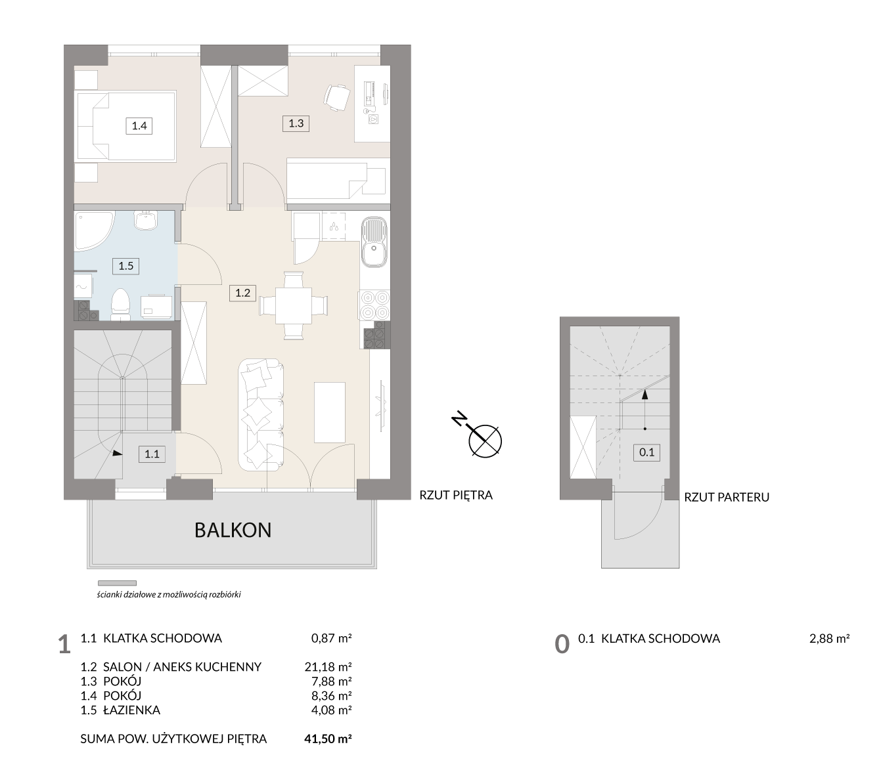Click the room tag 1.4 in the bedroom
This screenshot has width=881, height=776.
click(139, 126)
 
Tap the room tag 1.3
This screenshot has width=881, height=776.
click(296, 123)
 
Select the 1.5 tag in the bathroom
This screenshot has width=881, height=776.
click(125, 266)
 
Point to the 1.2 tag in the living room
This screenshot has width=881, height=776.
click(242, 293)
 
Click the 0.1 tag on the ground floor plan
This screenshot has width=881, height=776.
click(646, 453)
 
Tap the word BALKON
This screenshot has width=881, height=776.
click(233, 530)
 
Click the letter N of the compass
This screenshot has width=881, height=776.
click(459, 420)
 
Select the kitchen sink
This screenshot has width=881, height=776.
click(374, 242)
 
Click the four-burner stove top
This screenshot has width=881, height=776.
click(374, 305)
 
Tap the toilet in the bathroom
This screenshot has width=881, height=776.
click(120, 305)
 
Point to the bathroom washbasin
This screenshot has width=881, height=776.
click(146, 220)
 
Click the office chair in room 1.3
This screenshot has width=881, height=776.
click(336, 98)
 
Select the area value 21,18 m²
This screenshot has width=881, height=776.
click(328, 666)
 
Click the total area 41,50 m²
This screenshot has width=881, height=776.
click(328, 739)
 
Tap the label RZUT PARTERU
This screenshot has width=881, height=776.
click(727, 497)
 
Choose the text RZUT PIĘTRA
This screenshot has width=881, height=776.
click(456, 495)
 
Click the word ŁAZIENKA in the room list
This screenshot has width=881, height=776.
click(132, 710)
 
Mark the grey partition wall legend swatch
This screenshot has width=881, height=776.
click(117, 583)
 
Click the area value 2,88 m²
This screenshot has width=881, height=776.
click(829, 639)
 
